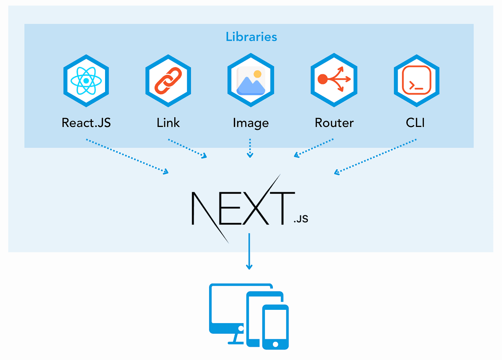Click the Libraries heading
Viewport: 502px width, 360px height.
pos(251,37)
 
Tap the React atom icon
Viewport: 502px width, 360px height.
pos(86,81)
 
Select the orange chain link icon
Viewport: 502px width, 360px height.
pos(168,81)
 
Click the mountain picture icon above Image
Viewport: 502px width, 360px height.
pos(251,80)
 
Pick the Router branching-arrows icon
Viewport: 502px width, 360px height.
pos(334,80)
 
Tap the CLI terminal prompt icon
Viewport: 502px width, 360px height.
pos(416,80)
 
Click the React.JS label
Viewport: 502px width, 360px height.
pos(86,123)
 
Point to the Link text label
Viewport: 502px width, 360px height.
pos(168,123)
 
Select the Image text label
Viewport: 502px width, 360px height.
pos(251,123)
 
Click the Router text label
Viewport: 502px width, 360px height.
pos(334,123)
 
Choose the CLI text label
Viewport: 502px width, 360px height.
pos(415,123)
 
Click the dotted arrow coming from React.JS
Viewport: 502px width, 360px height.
pos(127,156)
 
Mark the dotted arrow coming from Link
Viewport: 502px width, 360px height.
pos(188,148)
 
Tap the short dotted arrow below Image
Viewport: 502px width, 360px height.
pos(250,148)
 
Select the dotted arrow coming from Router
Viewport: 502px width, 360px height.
pos(314,148)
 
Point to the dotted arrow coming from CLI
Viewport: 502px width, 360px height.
pos(375,157)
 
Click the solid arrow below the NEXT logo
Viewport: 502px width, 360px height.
pos(249,251)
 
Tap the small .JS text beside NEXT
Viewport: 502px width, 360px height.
pos(301,219)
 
